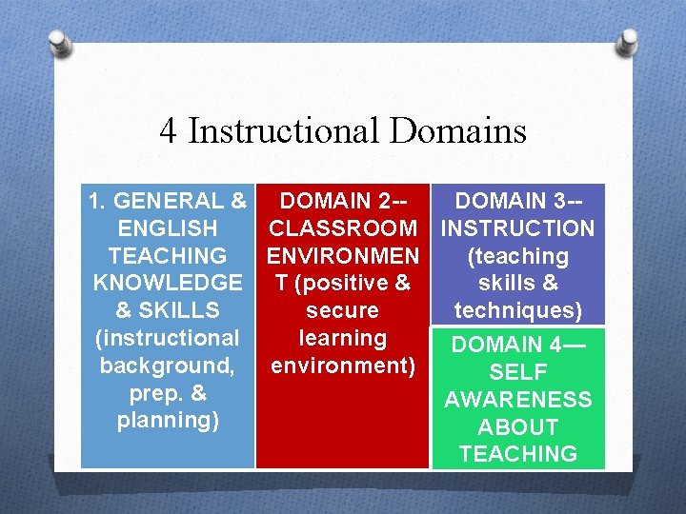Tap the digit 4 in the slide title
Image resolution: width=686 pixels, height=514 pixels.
point(169,130)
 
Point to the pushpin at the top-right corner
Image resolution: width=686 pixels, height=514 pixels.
point(627,42)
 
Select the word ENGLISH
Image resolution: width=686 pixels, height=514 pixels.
point(167,228)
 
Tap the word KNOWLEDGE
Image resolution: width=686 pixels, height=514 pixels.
point(168,283)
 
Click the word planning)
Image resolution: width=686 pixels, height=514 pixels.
point(168,420)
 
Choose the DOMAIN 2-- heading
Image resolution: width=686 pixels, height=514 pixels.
point(344,201)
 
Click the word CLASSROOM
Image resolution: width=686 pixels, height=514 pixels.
point(343,228)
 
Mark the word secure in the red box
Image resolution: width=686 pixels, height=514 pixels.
point(342,310)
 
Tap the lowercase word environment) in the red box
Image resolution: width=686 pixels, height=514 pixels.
point(343,366)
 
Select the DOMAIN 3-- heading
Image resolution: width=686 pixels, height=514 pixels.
point(518,201)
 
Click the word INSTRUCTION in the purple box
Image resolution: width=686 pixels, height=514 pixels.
point(518,228)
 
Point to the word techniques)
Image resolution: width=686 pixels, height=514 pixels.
point(518,310)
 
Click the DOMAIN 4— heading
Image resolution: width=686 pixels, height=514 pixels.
point(518,345)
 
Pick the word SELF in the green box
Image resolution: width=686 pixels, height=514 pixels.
point(518,372)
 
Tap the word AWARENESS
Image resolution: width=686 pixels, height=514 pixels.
point(518,400)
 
